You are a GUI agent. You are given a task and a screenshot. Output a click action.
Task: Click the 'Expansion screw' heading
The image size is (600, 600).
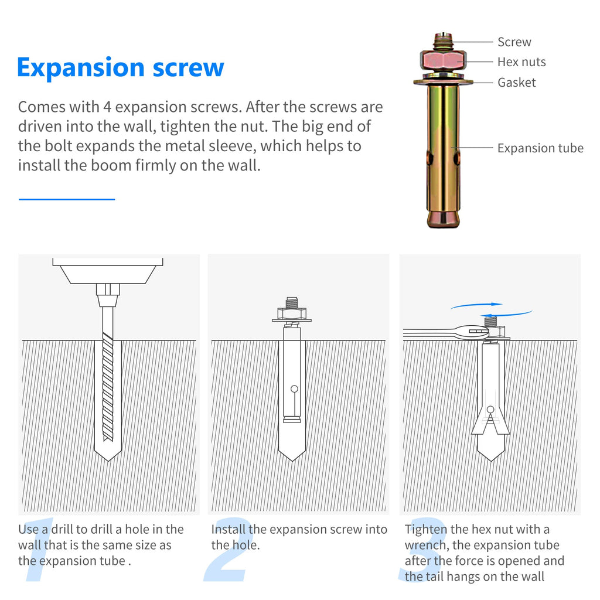click(x=121, y=68)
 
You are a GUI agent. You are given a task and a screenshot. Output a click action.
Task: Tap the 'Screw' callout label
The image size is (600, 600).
click(x=514, y=42)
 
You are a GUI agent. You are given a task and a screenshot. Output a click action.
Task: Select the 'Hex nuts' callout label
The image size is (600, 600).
click(x=521, y=62)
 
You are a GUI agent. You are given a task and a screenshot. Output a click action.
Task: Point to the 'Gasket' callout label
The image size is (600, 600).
click(x=517, y=82)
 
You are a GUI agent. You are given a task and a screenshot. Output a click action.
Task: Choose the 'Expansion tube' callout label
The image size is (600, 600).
click(x=540, y=148)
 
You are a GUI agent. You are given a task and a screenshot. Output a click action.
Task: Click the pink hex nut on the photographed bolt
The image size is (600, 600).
click(x=443, y=60)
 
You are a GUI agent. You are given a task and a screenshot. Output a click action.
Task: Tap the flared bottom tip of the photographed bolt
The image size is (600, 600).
click(x=443, y=219)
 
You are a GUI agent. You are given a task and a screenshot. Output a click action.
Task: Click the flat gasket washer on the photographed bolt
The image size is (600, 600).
click(x=443, y=81)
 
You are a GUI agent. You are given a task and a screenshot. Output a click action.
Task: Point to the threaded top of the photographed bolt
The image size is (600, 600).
click(x=443, y=40)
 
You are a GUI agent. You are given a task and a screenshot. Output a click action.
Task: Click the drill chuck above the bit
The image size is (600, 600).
click(x=108, y=295)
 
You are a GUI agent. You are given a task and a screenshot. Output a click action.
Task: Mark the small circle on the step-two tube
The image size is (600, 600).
click(x=294, y=389)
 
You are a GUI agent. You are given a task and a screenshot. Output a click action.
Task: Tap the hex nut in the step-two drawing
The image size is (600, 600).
click(x=292, y=314)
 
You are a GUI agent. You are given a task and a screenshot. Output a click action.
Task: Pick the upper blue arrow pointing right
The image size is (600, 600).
click(x=476, y=305)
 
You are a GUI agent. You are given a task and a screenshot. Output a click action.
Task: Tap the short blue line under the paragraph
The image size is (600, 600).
click(x=67, y=199)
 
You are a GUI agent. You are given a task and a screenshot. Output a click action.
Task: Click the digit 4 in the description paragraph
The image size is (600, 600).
click(x=107, y=107)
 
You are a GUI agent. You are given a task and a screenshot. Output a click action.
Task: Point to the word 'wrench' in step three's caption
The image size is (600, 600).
click(x=427, y=545)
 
